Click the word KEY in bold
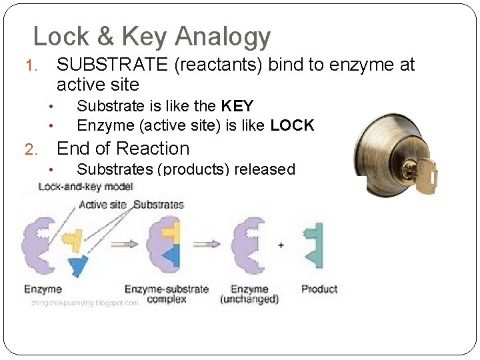(x=237, y=106)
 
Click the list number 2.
(x=31, y=149)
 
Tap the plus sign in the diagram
(x=281, y=245)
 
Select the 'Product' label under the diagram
(x=319, y=289)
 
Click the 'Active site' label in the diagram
(x=102, y=205)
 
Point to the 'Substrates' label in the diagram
(x=159, y=205)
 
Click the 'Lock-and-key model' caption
(x=86, y=187)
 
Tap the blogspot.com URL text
(x=85, y=303)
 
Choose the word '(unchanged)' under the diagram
(x=249, y=299)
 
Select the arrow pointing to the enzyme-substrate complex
(x=123, y=244)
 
